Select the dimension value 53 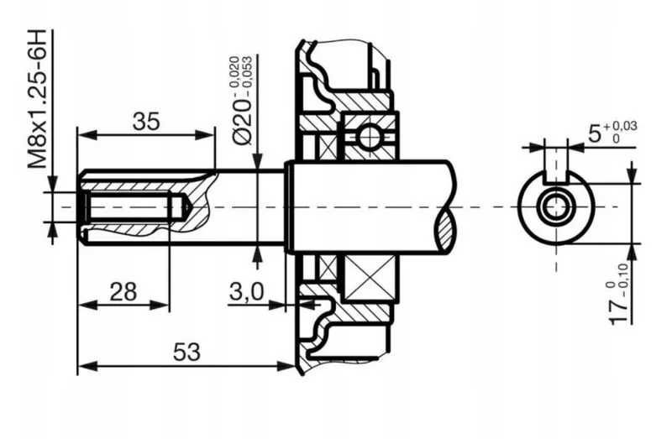click(188, 353)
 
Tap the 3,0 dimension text click(247, 291)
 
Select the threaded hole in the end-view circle click(555, 206)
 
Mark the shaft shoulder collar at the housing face click(289, 206)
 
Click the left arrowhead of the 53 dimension click(83, 366)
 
